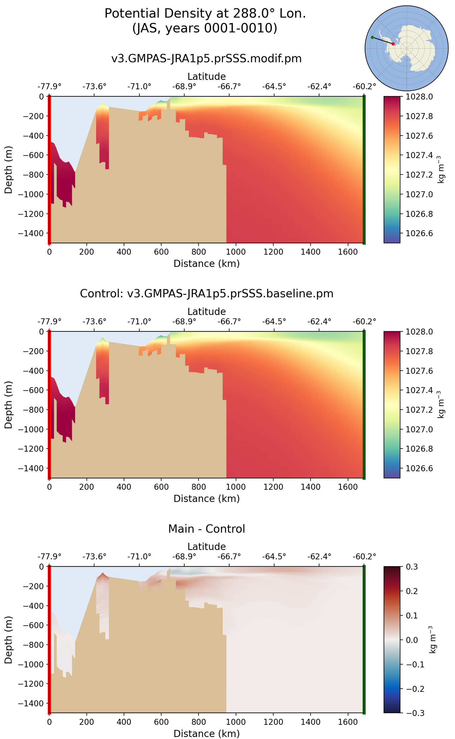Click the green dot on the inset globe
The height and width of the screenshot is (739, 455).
click(372, 37)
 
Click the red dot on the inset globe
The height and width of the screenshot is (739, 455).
click(393, 44)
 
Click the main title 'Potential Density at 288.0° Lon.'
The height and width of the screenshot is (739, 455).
click(205, 14)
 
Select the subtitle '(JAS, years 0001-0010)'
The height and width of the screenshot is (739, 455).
click(205, 28)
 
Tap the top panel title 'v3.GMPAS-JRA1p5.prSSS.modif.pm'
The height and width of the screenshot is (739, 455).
click(206, 59)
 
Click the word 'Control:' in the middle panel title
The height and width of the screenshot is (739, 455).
click(102, 294)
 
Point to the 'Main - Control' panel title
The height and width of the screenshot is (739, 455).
click(206, 529)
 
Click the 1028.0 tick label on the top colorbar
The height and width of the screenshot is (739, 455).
click(419, 97)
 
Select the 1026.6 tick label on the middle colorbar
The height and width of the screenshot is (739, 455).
click(419, 468)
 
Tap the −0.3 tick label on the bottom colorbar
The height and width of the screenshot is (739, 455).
click(415, 713)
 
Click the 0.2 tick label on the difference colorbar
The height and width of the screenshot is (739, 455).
click(412, 591)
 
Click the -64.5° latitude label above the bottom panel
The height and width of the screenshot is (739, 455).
click(274, 557)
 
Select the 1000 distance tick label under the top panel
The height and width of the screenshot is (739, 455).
click(236, 252)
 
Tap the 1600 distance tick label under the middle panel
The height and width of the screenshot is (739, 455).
click(348, 487)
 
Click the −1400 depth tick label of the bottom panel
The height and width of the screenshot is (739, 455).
click(31, 703)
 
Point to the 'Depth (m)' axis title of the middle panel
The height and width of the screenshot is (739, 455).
click(9, 405)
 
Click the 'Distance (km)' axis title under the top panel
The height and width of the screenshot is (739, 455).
click(206, 264)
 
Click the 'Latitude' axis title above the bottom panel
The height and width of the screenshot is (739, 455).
click(206, 547)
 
